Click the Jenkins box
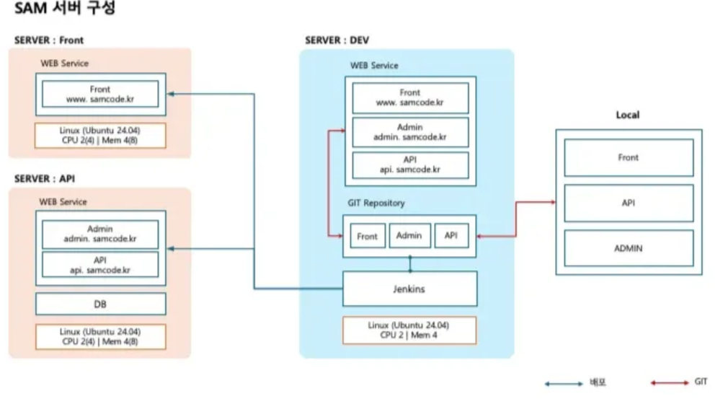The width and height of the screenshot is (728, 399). pyautogui.click(x=409, y=289)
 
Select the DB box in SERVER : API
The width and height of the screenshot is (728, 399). pyautogui.click(x=101, y=304)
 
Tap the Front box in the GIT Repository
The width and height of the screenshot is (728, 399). pyautogui.click(x=368, y=236)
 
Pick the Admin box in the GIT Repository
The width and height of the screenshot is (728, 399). pyautogui.click(x=409, y=235)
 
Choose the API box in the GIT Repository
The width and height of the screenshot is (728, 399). pyautogui.click(x=451, y=235)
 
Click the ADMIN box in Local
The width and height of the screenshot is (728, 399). pyautogui.click(x=629, y=248)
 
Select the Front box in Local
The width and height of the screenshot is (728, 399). pyautogui.click(x=629, y=157)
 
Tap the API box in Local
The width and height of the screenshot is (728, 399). pyautogui.click(x=629, y=203)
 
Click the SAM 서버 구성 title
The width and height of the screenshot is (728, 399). pyautogui.click(x=65, y=8)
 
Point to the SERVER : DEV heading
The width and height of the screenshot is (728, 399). pyautogui.click(x=337, y=40)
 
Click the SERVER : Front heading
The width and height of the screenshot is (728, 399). pyautogui.click(x=49, y=40)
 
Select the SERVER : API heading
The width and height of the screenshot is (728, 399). pyautogui.click(x=45, y=179)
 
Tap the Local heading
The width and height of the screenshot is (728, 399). pyautogui.click(x=628, y=115)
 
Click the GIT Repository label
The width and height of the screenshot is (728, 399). pyautogui.click(x=376, y=203)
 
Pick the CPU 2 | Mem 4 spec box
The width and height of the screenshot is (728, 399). pyautogui.click(x=409, y=330)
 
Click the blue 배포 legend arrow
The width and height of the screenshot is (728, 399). pyautogui.click(x=564, y=384)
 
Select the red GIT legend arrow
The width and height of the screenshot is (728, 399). pyautogui.click(x=670, y=382)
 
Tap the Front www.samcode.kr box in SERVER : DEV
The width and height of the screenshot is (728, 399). pyautogui.click(x=410, y=97)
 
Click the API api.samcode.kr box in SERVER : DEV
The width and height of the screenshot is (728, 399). pyautogui.click(x=410, y=165)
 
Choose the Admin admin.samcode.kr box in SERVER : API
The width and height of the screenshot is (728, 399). pyautogui.click(x=100, y=234)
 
